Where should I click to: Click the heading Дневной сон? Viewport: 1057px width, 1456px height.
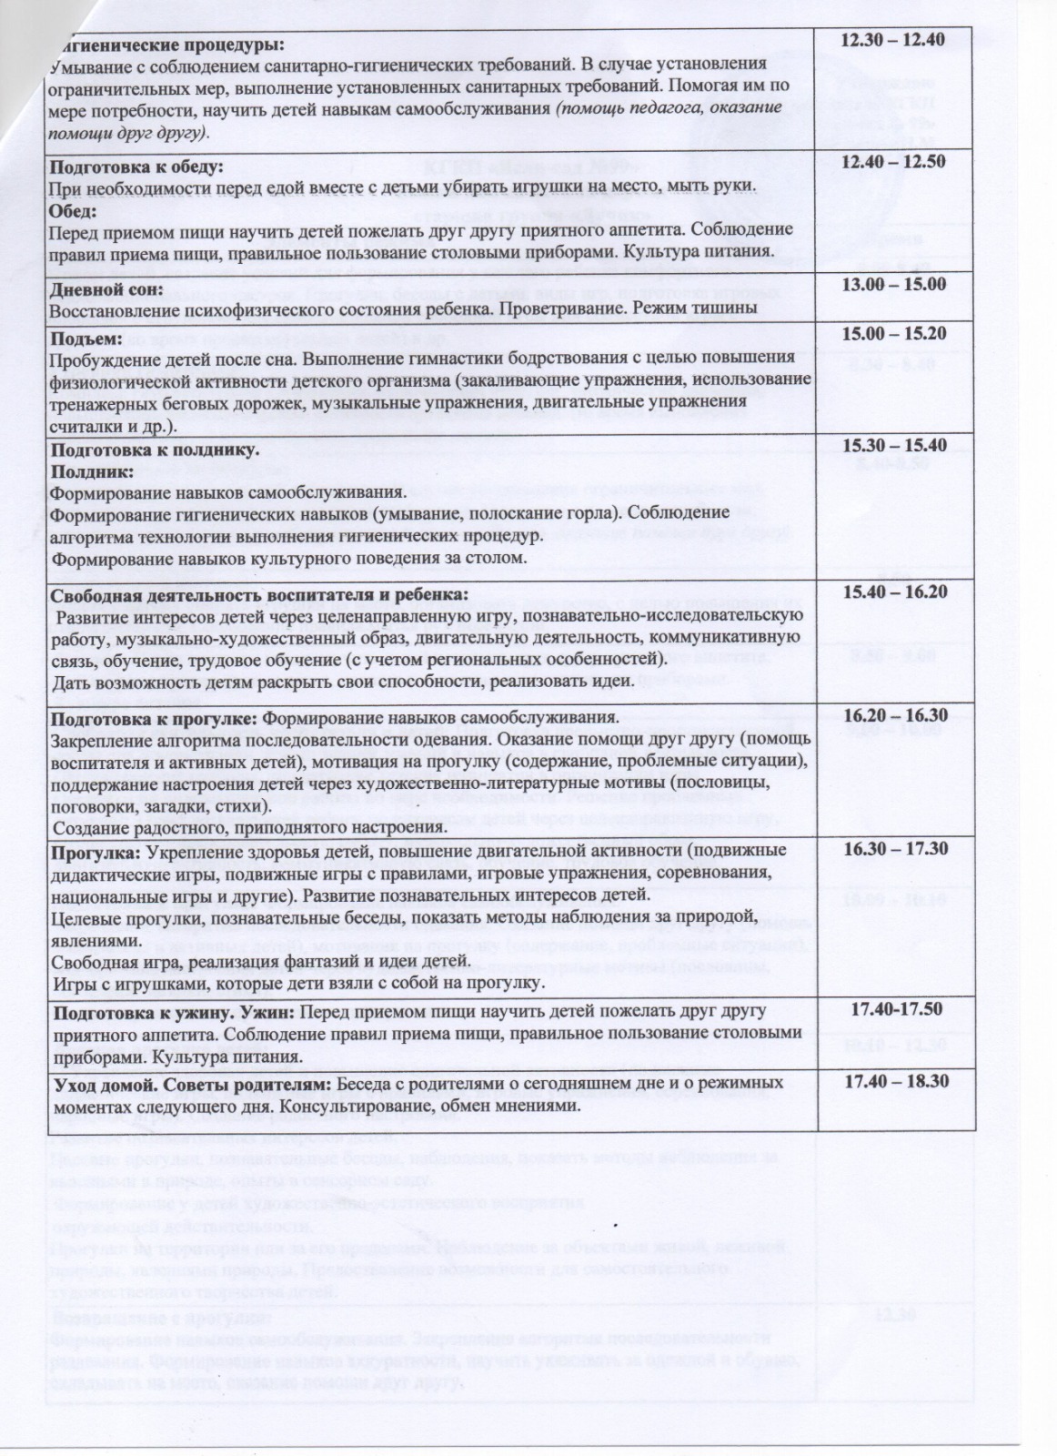pyautogui.click(x=106, y=289)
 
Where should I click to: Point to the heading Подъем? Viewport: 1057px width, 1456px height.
pyautogui.click(x=87, y=338)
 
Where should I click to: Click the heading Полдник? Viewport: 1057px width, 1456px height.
pyautogui.click(x=92, y=471)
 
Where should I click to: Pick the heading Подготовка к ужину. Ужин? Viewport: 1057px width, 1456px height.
pyautogui.click(x=174, y=1012)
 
